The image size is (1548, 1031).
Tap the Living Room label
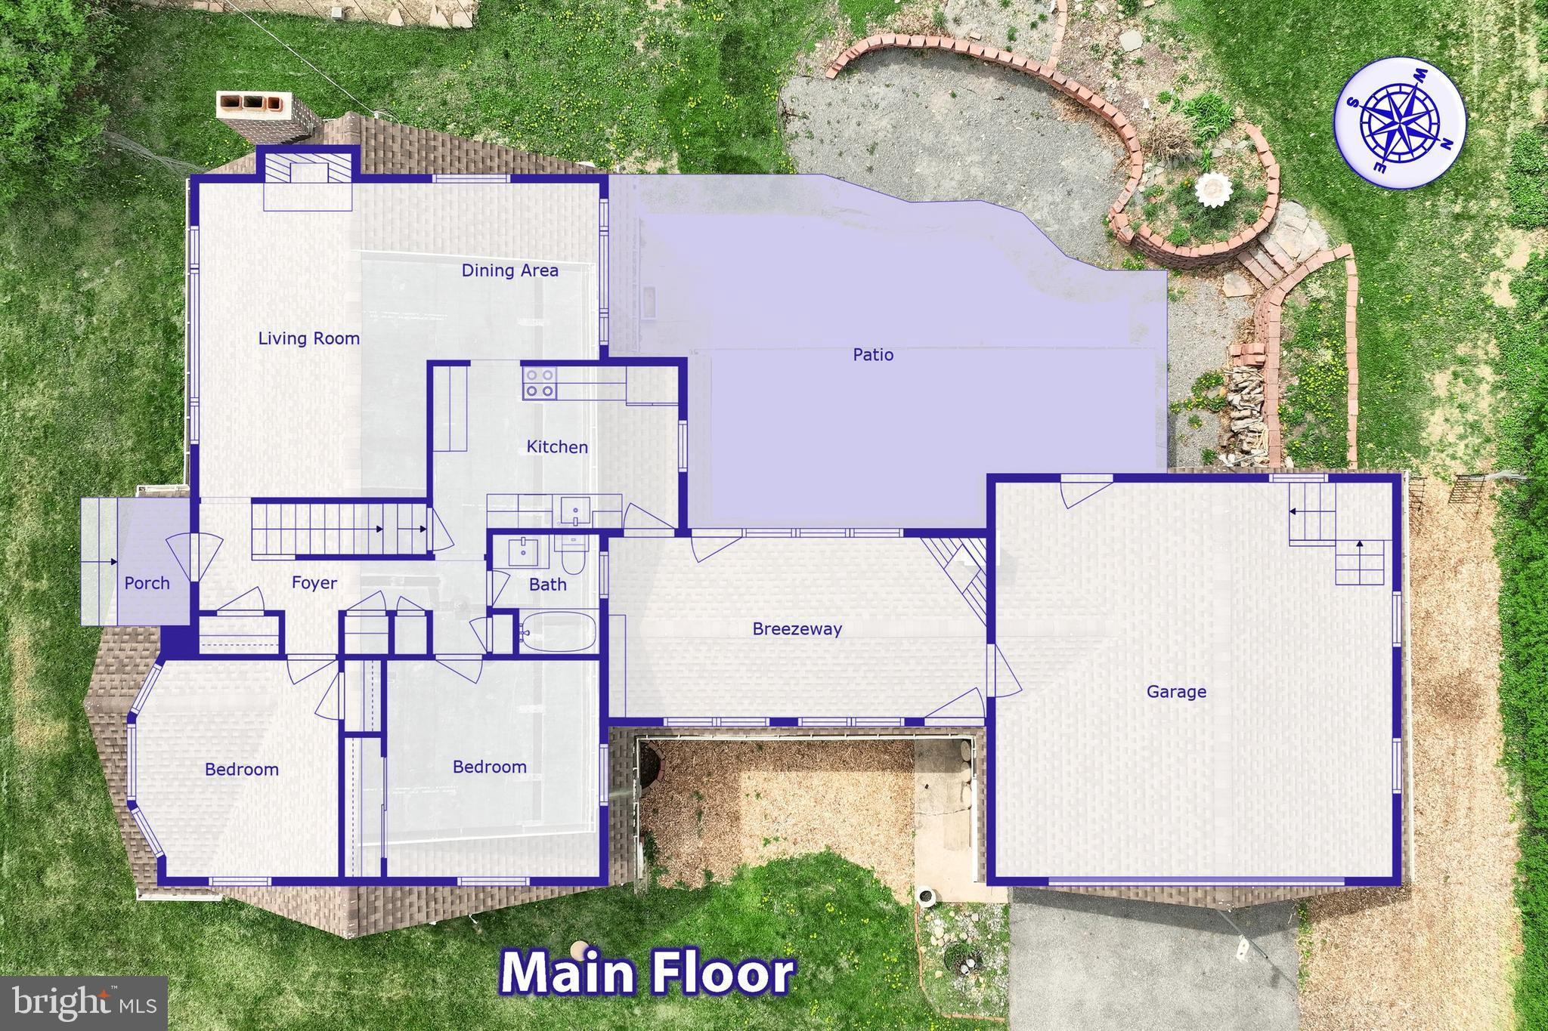(308, 338)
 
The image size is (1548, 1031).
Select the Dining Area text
(510, 270)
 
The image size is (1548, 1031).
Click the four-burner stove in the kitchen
(540, 383)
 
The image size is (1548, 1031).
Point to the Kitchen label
(557, 447)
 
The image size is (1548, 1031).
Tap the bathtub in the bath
(558, 632)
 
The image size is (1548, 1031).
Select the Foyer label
(314, 583)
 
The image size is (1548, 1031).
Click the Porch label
(147, 583)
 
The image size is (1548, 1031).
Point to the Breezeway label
(797, 628)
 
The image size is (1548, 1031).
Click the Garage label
(1176, 691)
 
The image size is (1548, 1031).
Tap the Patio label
(873, 354)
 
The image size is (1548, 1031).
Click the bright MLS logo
(83, 1003)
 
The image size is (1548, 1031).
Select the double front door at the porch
(195, 557)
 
